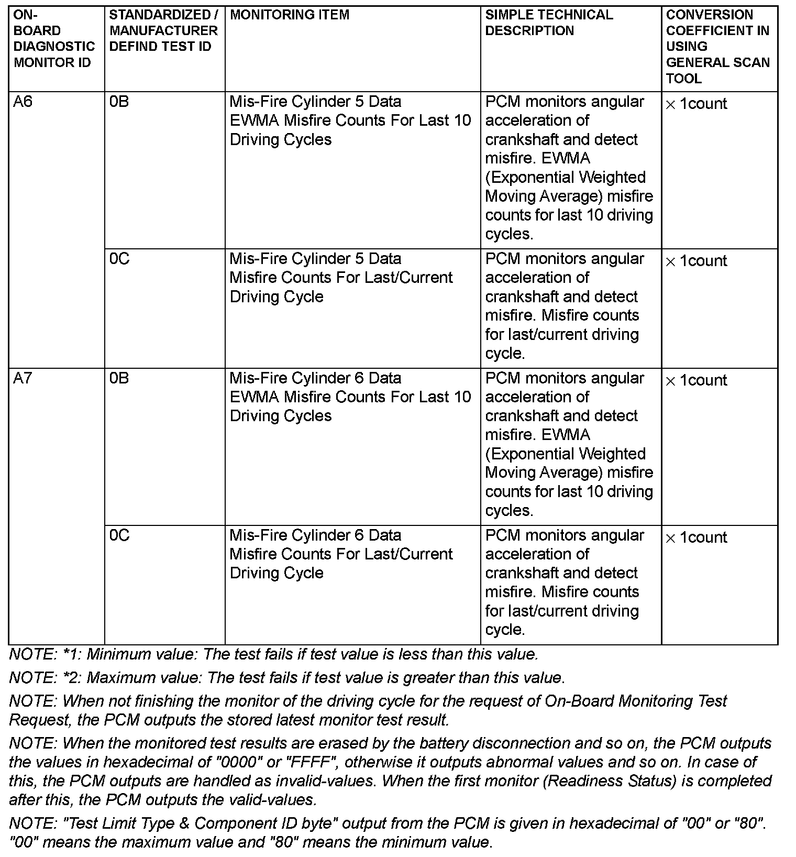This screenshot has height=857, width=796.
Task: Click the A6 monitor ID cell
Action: (23, 101)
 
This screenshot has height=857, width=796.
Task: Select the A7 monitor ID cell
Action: (23, 378)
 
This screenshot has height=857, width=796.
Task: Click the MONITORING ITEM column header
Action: (290, 15)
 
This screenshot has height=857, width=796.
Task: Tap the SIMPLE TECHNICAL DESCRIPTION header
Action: (549, 23)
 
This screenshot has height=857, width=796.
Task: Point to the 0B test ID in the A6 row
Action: (119, 101)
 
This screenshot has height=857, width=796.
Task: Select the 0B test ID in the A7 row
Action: (119, 378)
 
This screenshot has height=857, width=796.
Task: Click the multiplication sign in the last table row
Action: (670, 539)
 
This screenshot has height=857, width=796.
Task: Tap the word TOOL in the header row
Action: (683, 79)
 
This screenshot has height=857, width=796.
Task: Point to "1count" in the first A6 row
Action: (703, 104)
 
